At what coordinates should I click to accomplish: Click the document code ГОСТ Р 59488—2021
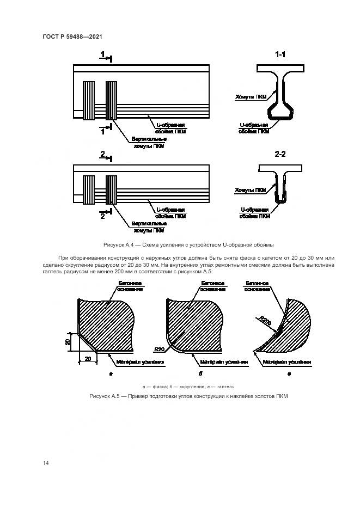[x=72, y=36]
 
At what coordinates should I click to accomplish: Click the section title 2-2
[x=280, y=154]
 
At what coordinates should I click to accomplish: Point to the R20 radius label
[x=160, y=348]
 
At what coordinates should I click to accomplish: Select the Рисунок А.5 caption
[x=188, y=396]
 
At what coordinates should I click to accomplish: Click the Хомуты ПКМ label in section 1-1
[x=251, y=96]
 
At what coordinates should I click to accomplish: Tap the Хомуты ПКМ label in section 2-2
[x=251, y=190]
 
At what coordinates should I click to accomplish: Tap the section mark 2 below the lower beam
[x=102, y=216]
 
